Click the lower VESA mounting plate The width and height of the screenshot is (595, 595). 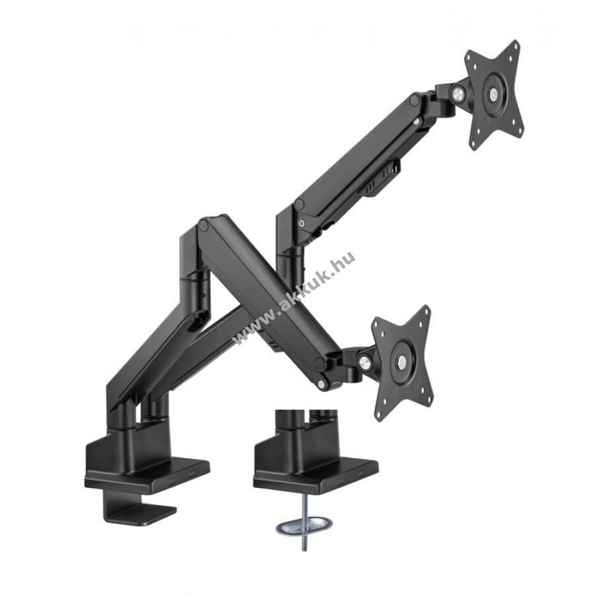(402, 360)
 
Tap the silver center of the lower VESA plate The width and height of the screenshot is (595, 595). (401, 360)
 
